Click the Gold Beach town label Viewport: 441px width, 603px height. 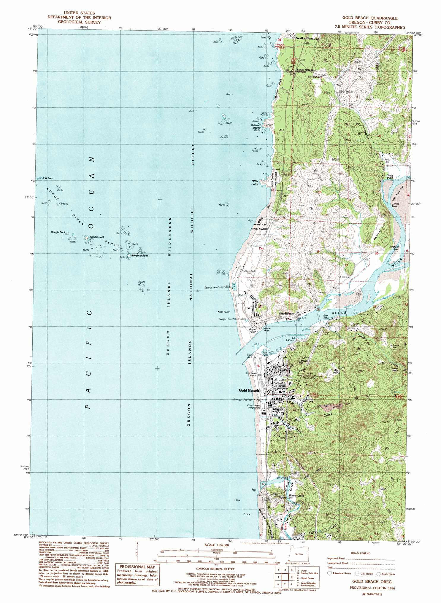249,390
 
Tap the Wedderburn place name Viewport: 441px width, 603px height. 286,313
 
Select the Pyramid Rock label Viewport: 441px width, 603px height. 140,255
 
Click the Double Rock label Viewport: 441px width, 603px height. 58,232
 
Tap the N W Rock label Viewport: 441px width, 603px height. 47,178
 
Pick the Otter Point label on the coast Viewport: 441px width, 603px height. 255,182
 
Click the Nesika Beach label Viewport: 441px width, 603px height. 305,38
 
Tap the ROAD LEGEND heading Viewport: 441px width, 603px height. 361,553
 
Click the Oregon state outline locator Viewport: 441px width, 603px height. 298,554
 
